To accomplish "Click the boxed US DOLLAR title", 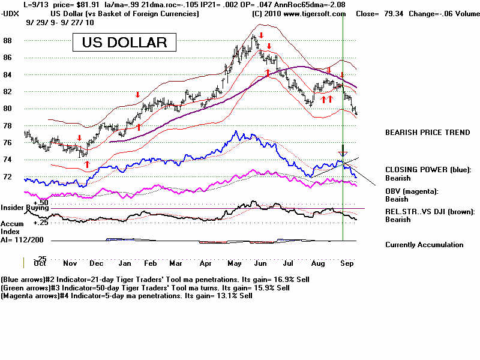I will (x=124, y=43).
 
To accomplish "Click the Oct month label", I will (x=40, y=263).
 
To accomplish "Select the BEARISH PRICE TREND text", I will (x=427, y=133).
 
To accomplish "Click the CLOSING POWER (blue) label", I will (x=428, y=170).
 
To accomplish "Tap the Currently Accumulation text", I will (x=424, y=245).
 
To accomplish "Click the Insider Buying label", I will (x=25, y=208).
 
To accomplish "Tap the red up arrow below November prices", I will (x=86, y=164).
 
